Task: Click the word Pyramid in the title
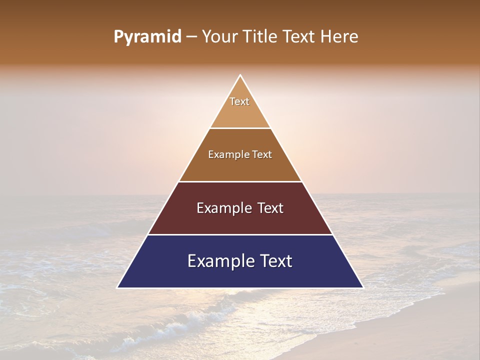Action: coord(147,37)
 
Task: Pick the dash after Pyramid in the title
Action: coord(191,37)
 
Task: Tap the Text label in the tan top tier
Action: coord(239,101)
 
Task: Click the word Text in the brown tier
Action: coord(262,154)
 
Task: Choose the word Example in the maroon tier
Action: coord(223,208)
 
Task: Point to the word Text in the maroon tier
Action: coord(270,208)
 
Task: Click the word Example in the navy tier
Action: coord(219,261)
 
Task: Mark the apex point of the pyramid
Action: coord(240,75)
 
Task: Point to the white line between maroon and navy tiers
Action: coord(240,234)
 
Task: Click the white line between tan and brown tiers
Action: coord(240,128)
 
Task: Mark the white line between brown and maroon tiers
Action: coord(240,181)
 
